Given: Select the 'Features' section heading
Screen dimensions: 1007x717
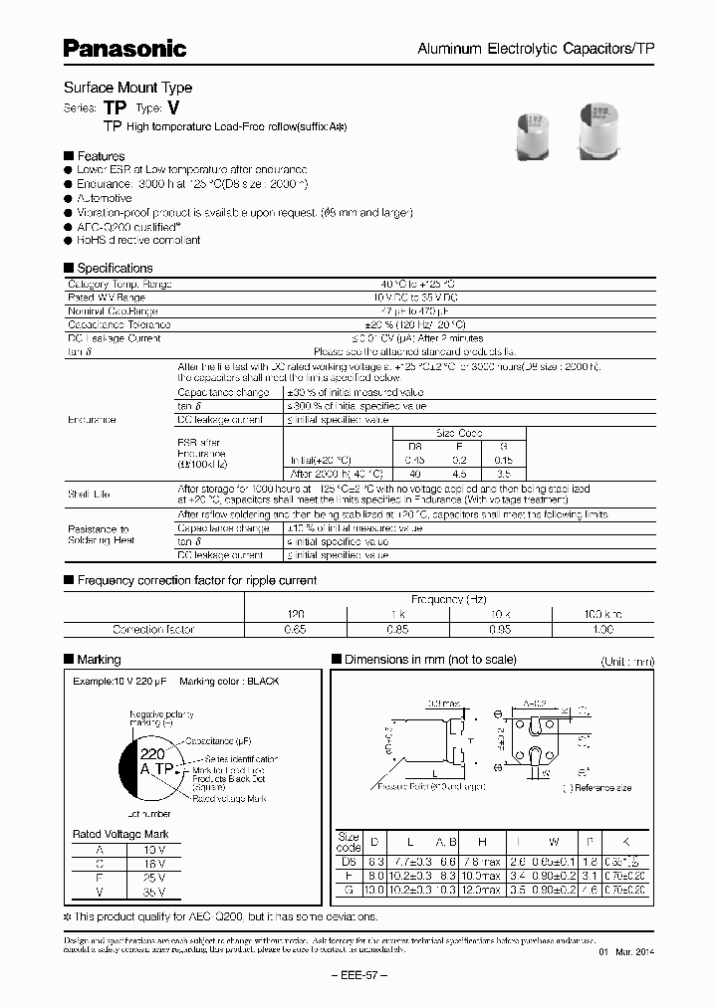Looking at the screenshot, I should [101, 156].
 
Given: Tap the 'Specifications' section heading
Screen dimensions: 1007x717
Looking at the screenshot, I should [115, 268].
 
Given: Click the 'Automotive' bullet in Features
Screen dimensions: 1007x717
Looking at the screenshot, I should [105, 198].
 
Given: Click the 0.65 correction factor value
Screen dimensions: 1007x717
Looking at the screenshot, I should [296, 630].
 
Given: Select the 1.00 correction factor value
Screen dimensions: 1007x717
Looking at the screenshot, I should [602, 630].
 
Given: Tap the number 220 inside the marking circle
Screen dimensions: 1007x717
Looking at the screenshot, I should [151, 754].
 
